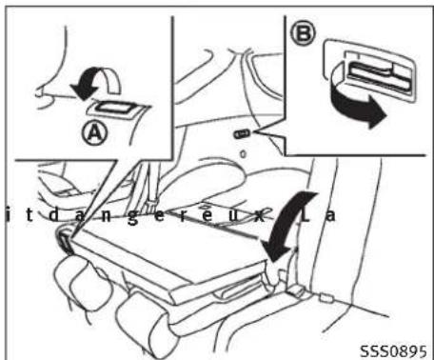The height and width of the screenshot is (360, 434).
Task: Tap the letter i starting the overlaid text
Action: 6,215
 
